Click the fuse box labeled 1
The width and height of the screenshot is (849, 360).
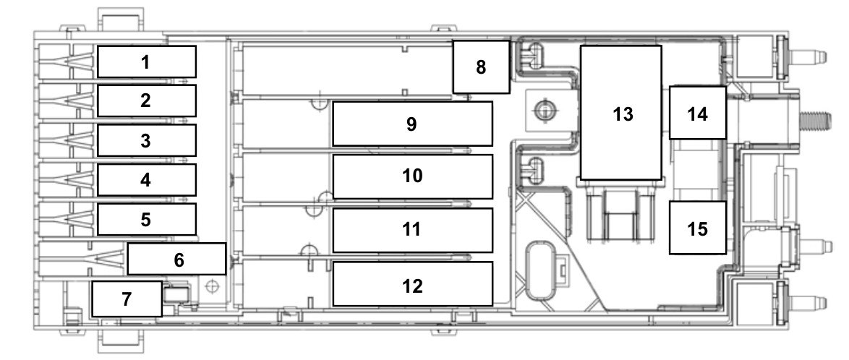click(x=147, y=61)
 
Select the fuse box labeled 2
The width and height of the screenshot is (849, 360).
click(x=147, y=100)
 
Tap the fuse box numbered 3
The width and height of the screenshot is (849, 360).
click(x=147, y=140)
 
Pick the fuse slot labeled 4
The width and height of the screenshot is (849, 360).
click(x=147, y=180)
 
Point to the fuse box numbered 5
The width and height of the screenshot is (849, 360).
click(x=147, y=219)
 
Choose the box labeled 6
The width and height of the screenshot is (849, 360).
click(x=176, y=259)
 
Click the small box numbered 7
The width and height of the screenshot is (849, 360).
click(x=127, y=299)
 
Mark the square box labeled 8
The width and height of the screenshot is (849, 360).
click(x=482, y=67)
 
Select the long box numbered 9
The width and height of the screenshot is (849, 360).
click(x=413, y=124)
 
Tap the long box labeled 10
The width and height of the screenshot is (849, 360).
click(x=413, y=176)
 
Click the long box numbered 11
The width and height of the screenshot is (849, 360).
click(x=413, y=230)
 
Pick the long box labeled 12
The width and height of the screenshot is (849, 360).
click(x=413, y=283)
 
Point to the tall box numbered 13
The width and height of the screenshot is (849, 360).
click(x=621, y=113)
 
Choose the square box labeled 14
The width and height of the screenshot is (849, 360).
click(x=698, y=113)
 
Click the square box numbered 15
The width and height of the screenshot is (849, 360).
click(x=698, y=228)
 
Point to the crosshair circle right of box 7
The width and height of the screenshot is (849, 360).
click(x=212, y=284)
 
